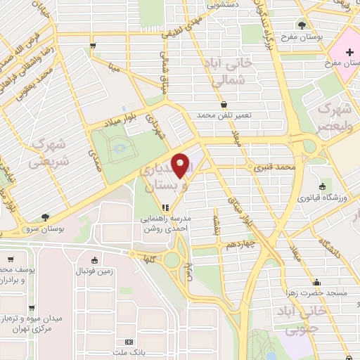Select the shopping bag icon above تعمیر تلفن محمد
coord(224,104)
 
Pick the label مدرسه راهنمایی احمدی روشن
coord(167,224)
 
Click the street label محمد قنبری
coord(274,169)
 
